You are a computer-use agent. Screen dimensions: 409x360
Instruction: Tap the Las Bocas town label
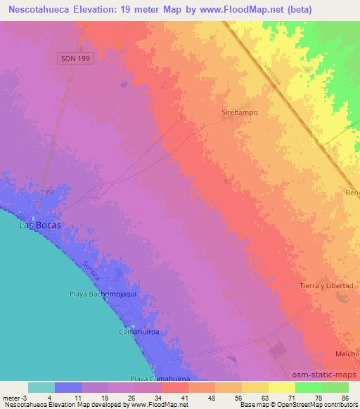39,226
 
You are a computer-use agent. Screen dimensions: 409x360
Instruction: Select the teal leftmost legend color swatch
41,387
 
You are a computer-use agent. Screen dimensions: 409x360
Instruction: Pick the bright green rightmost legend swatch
335,387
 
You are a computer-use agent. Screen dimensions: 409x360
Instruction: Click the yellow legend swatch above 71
282,387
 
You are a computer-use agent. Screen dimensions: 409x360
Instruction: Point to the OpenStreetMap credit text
297,405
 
